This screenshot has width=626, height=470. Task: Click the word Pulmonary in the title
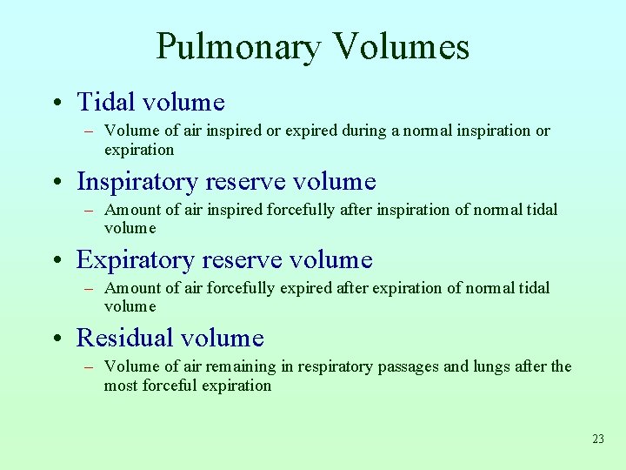pyautogui.click(x=236, y=47)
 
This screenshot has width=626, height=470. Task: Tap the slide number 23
pyautogui.click(x=597, y=440)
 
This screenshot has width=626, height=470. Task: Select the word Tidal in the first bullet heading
pyautogui.click(x=104, y=103)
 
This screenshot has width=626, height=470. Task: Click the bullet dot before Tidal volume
pyautogui.click(x=55, y=104)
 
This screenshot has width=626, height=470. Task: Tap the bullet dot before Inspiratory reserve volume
pyautogui.click(x=55, y=183)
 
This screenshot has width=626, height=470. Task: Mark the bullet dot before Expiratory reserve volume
pyautogui.click(x=55, y=261)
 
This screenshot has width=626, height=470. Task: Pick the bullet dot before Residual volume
pyautogui.click(x=55, y=339)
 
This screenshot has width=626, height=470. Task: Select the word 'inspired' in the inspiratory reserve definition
pyautogui.click(x=232, y=210)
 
